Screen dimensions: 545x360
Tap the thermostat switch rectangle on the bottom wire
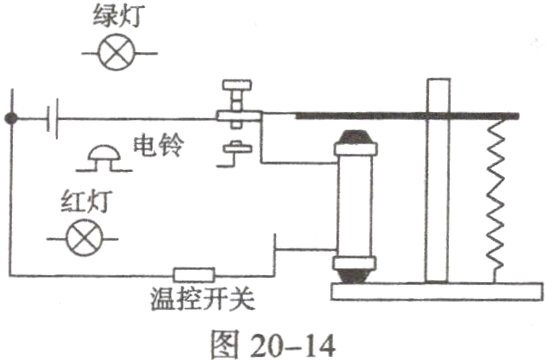click(195, 273)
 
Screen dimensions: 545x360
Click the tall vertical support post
click(434, 180)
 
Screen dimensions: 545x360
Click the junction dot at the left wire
click(11, 118)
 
